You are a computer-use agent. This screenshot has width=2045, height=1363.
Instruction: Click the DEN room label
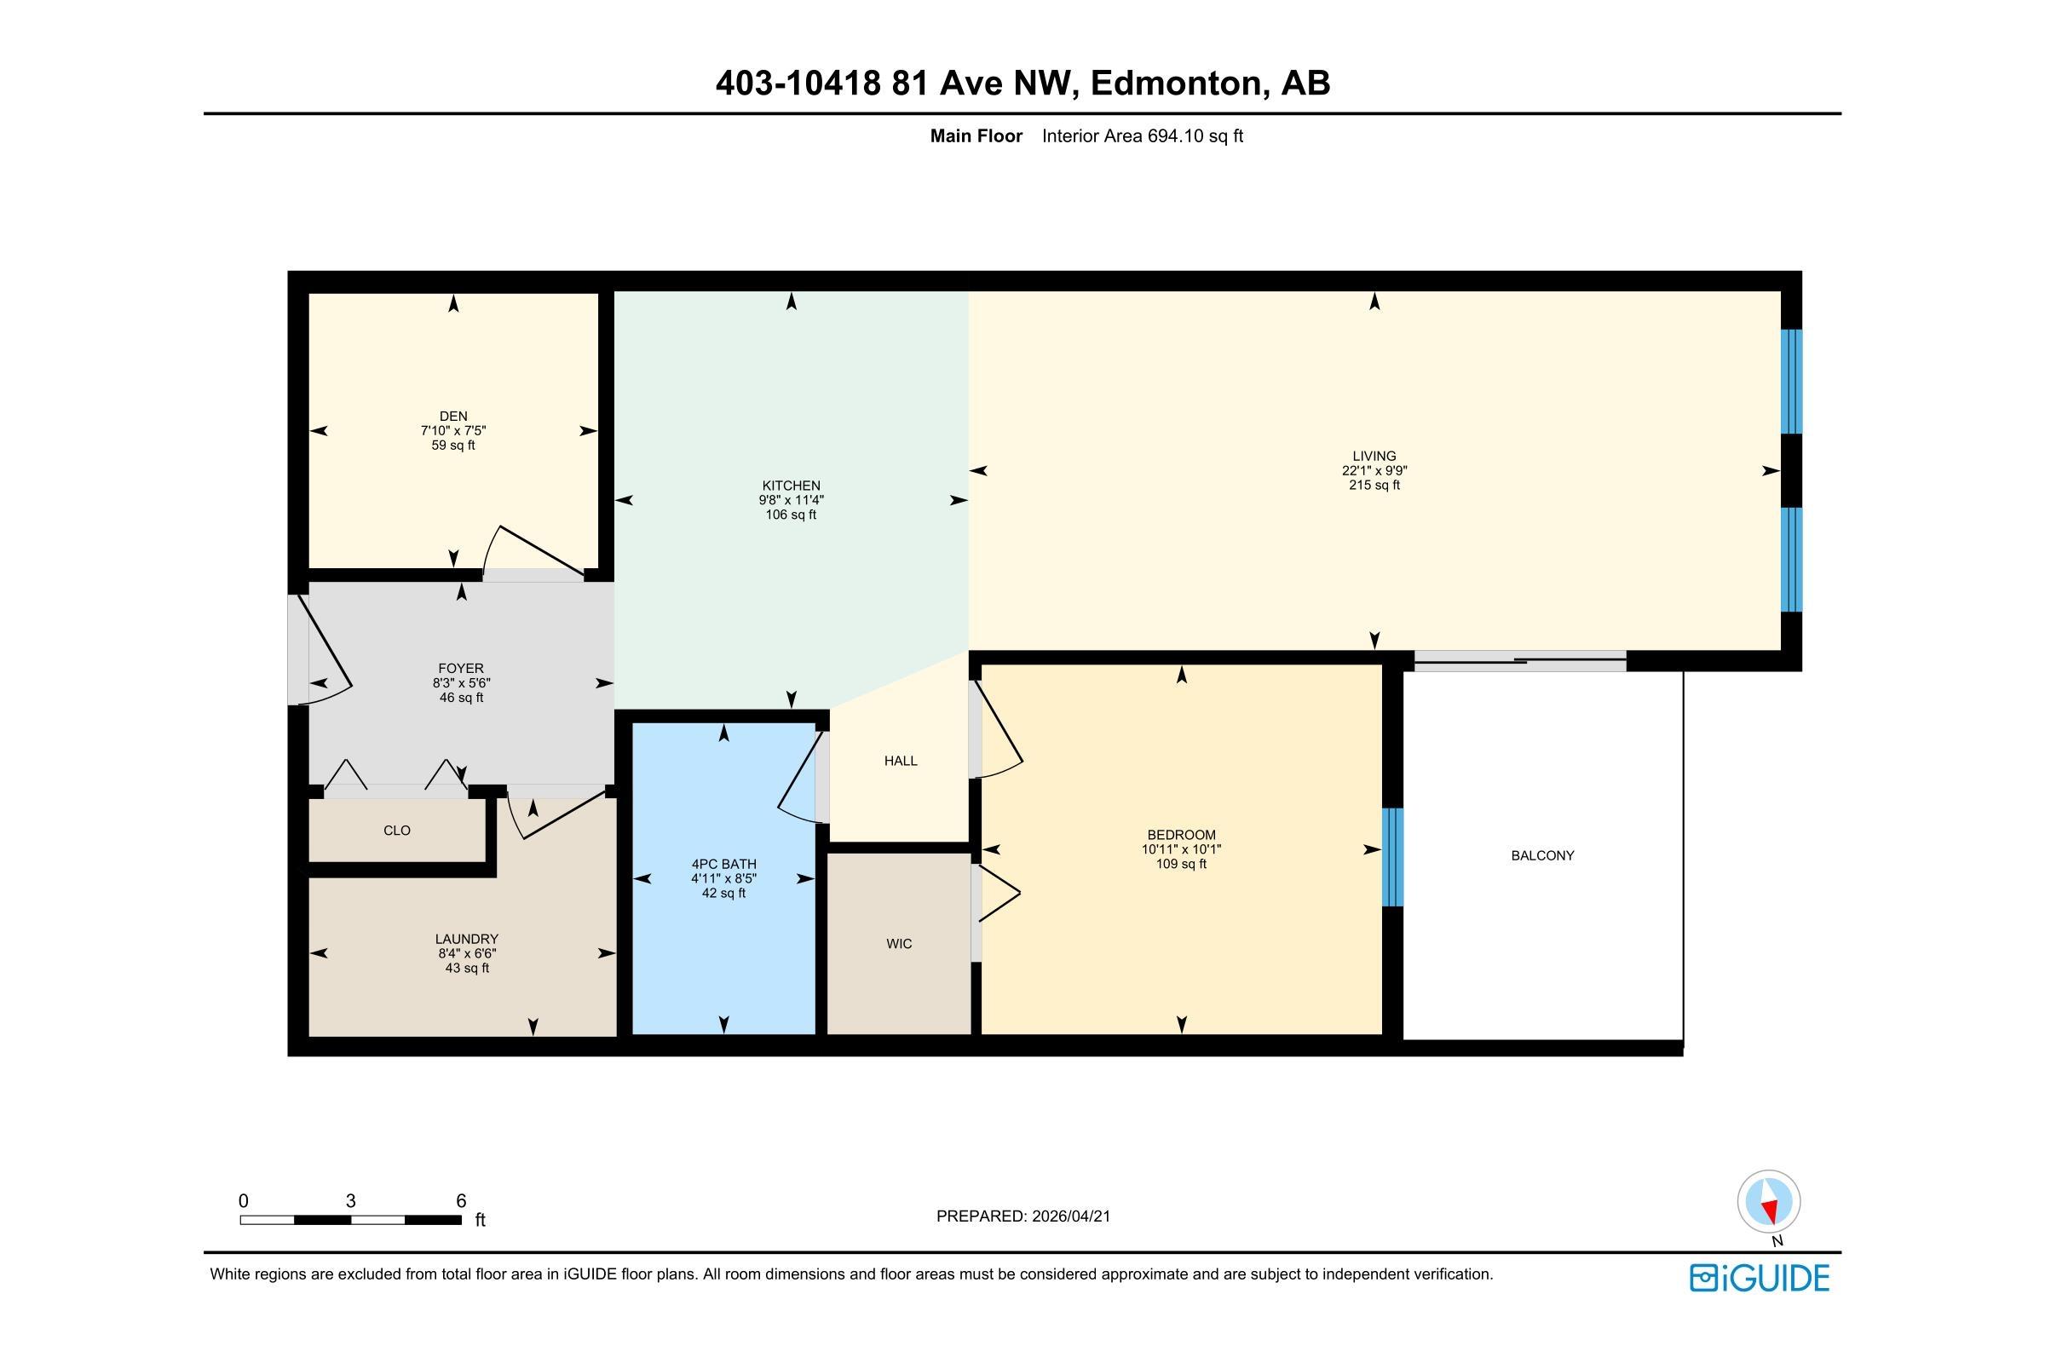click(x=453, y=417)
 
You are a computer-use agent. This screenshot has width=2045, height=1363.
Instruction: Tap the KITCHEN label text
click(x=792, y=486)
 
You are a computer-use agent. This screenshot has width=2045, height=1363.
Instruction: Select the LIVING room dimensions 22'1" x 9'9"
click(x=1374, y=470)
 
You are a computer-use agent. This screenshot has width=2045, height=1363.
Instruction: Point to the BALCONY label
click(x=1542, y=855)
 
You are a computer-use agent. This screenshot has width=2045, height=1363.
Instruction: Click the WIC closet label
click(x=899, y=944)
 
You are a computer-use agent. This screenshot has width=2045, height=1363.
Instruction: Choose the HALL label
click(x=901, y=761)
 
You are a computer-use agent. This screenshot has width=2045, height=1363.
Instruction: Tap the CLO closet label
click(x=396, y=830)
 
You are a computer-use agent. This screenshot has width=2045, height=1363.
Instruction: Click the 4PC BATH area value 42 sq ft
click(x=723, y=893)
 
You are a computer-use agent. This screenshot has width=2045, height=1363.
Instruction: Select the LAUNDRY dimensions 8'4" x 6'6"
click(x=467, y=953)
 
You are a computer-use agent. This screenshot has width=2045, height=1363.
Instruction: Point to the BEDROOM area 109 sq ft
click(x=1181, y=864)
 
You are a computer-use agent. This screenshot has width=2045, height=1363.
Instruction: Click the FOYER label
click(x=461, y=669)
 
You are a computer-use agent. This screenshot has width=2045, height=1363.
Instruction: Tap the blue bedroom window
click(x=1393, y=857)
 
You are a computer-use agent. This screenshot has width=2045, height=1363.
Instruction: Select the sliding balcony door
click(x=1520, y=662)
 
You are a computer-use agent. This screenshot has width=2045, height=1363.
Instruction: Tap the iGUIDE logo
click(x=1760, y=1278)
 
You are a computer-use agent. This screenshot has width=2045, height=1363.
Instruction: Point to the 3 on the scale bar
click(x=350, y=1201)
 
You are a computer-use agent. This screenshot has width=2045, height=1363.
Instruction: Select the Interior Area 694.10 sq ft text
click(x=1143, y=135)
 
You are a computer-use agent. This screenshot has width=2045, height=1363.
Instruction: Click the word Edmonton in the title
click(x=1176, y=83)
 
